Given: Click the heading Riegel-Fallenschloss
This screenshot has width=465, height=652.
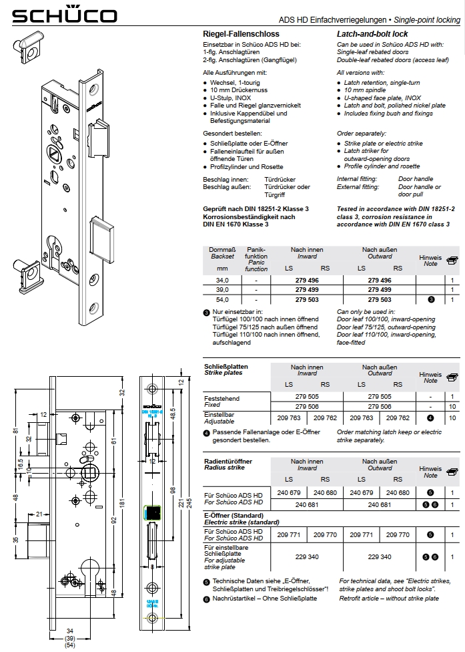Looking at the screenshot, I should (241, 33).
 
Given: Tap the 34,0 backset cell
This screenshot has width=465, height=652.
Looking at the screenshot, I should (218, 281).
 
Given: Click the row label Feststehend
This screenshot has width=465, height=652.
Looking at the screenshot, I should (221, 398).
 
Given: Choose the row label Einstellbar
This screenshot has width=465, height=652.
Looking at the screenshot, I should (219, 415).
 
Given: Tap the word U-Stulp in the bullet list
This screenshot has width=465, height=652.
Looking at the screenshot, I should (222, 97).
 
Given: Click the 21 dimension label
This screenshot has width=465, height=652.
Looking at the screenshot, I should (41, 513).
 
